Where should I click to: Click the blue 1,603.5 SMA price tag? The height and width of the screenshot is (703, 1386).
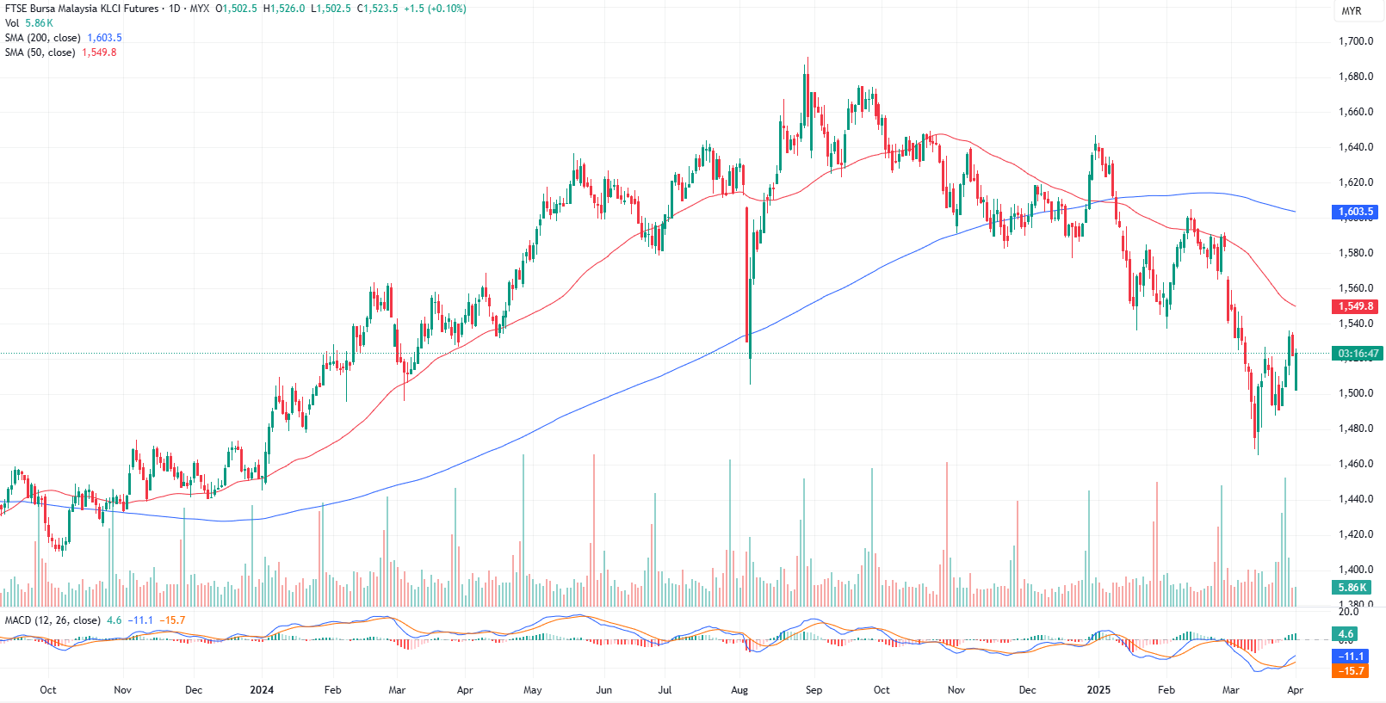click(x=1355, y=212)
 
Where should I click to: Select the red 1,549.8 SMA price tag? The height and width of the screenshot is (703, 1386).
click(x=1355, y=306)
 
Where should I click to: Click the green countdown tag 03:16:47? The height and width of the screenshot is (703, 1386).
click(x=1358, y=354)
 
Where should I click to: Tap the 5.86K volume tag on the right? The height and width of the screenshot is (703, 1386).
click(x=1352, y=588)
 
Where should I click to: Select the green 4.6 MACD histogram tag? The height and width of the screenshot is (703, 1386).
click(x=1345, y=634)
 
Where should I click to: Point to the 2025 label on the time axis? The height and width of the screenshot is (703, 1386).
click(x=1098, y=690)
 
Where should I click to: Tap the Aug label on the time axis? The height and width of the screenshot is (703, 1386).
click(x=739, y=690)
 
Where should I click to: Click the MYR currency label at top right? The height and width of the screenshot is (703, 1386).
click(x=1352, y=11)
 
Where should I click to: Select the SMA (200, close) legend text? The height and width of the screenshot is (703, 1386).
click(x=42, y=38)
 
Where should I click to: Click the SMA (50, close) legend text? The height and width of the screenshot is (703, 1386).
click(x=40, y=52)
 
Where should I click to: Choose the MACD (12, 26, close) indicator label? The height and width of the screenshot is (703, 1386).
click(x=53, y=620)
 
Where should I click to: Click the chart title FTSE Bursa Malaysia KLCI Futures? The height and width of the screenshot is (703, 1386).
click(x=82, y=9)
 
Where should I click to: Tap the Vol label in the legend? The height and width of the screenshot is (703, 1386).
click(x=12, y=23)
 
